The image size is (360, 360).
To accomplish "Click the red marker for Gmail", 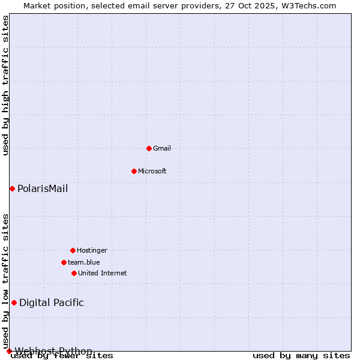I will (149, 148).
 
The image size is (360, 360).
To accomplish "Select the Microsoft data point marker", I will (134, 171).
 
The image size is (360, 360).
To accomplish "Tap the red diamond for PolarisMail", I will (12, 188).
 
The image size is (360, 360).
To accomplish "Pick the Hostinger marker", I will (73, 250).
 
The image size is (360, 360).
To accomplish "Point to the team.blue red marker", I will (64, 262).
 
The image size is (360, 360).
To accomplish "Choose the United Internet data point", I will (74, 273).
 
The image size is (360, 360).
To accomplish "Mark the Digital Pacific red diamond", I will (14, 302).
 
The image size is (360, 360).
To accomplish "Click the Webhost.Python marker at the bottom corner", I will (9, 351).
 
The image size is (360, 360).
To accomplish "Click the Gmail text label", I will (162, 148).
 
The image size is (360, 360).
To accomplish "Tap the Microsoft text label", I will (152, 171).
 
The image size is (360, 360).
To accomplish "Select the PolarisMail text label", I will (43, 189).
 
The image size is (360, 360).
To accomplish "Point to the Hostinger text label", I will (92, 250).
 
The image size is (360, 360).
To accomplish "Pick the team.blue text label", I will (84, 262).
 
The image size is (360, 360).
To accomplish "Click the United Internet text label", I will (103, 273).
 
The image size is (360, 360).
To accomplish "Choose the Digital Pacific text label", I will (52, 303).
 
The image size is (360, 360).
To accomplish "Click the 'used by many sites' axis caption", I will (301, 356).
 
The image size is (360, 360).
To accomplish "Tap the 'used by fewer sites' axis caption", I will (62, 356).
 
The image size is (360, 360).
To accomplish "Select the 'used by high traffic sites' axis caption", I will (6, 85).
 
